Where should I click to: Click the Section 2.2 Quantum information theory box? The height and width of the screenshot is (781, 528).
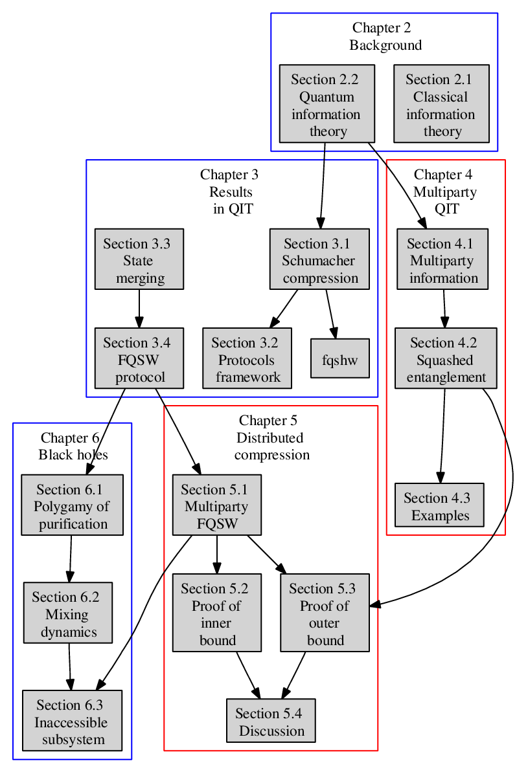[x=327, y=104]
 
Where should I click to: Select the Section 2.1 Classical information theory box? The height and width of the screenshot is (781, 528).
[x=441, y=104]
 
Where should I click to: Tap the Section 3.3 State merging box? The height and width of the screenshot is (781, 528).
[x=139, y=259]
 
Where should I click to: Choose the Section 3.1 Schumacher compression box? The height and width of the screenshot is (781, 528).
[x=319, y=259]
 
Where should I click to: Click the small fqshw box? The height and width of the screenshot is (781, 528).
[x=340, y=358]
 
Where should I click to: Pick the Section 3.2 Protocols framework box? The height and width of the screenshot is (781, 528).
[x=247, y=358]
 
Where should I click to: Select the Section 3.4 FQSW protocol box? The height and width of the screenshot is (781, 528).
[x=139, y=358]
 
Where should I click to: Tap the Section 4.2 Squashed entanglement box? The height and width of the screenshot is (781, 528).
[x=446, y=358]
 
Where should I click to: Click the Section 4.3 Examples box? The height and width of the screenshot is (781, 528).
[x=439, y=505]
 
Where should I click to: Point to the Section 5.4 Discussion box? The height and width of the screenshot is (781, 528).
[x=271, y=720]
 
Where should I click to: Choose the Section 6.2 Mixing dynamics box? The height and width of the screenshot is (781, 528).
[x=68, y=613]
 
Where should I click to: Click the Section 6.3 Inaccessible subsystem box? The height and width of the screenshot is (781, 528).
[x=73, y=720]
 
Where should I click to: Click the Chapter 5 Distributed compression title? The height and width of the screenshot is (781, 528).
[x=271, y=437]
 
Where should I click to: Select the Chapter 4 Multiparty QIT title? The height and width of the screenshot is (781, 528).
[x=445, y=192]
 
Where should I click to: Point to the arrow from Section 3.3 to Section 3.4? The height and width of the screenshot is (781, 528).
[x=139, y=309]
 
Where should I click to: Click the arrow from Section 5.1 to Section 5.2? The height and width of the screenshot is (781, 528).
[x=217, y=555]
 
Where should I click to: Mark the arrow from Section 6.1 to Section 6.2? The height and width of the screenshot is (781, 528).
[x=71, y=558]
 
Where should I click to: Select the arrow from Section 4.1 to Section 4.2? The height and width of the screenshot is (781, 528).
[x=444, y=309]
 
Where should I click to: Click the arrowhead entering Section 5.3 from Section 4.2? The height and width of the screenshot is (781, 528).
[x=375, y=604]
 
